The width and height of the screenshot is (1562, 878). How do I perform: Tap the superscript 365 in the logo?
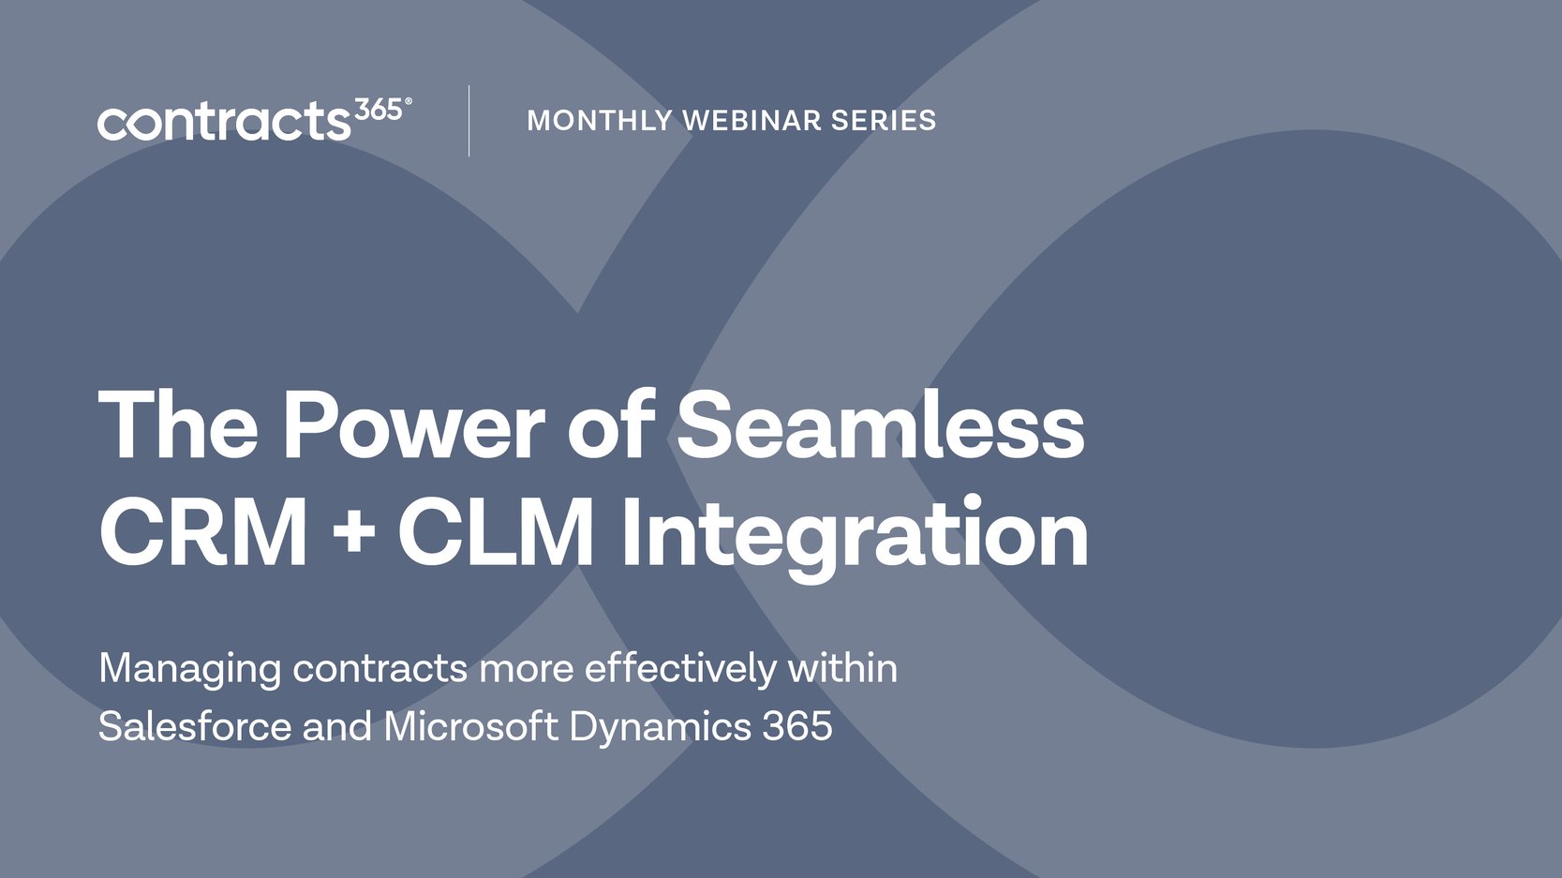pyautogui.click(x=379, y=111)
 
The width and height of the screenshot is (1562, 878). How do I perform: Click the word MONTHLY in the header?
pyautogui.click(x=600, y=121)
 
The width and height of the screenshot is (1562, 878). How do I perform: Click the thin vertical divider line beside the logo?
pyautogui.click(x=469, y=121)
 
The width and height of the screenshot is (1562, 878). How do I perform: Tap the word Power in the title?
pyautogui.click(x=413, y=426)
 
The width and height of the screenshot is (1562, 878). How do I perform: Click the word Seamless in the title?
pyautogui.click(x=880, y=426)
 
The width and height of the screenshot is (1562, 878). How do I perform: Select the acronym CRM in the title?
pyautogui.click(x=204, y=532)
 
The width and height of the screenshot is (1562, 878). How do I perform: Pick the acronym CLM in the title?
pyautogui.click(x=497, y=532)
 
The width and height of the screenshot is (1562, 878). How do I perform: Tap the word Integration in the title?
pyautogui.click(x=854, y=534)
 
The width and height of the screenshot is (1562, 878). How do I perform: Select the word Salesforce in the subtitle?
pyautogui.click(x=194, y=726)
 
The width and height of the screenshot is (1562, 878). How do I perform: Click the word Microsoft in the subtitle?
pyautogui.click(x=471, y=726)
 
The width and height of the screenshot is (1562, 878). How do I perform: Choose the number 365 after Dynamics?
pyautogui.click(x=797, y=726)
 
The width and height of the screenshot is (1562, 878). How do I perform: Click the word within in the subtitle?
pyautogui.click(x=842, y=669)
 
